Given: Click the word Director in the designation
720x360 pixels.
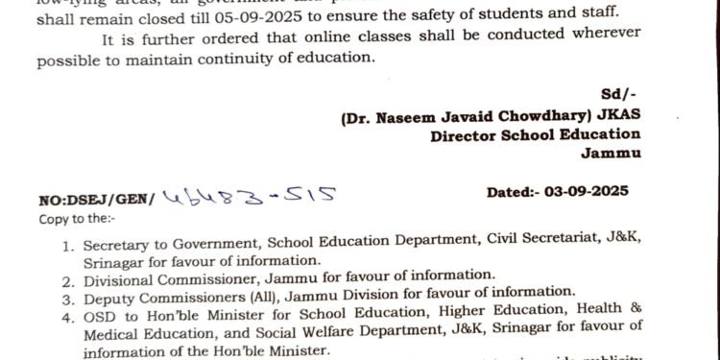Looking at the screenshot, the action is (x=468, y=135).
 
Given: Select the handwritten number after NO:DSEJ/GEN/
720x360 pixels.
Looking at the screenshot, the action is (x=251, y=196).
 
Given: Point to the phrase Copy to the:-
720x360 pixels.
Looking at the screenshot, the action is (x=73, y=217).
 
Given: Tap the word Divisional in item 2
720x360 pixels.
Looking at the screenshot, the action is (x=117, y=276).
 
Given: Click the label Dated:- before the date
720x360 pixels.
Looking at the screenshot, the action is (x=517, y=192).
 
